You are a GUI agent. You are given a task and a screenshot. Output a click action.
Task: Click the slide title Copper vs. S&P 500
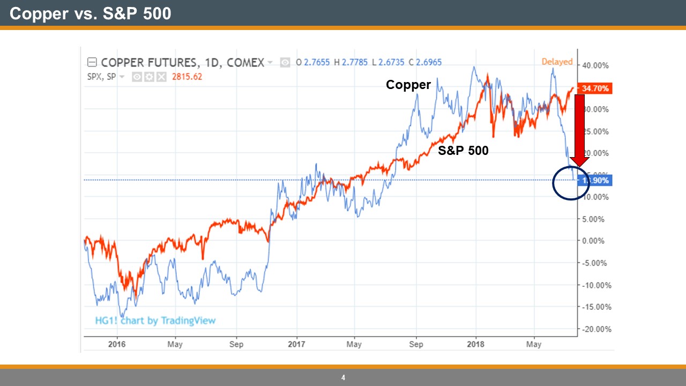90,13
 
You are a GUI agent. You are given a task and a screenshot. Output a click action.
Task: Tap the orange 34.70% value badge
595,88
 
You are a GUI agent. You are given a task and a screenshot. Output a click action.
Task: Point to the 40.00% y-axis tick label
595,65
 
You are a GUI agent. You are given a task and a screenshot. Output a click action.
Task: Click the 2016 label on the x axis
116,344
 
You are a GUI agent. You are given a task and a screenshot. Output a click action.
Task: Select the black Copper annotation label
408,85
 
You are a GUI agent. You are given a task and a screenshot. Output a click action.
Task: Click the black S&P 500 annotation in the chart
463,151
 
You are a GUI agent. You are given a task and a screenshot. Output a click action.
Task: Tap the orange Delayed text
557,62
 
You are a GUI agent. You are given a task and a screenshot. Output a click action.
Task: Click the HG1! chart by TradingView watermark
155,321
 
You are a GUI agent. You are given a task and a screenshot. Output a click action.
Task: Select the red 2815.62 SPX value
187,77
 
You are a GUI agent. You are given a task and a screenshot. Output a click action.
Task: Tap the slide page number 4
343,378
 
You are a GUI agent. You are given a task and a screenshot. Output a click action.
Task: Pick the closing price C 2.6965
425,63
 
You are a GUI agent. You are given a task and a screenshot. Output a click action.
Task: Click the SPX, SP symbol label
102,77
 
